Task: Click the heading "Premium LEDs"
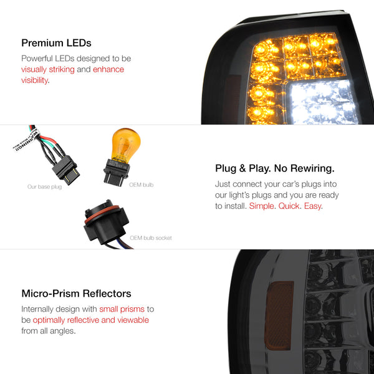click(x=56, y=43)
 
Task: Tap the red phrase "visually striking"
click(x=48, y=69)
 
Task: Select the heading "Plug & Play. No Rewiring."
click(x=275, y=168)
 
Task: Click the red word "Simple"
click(x=261, y=206)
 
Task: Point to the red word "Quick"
click(x=289, y=206)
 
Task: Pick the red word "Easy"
click(x=313, y=206)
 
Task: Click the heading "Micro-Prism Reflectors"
click(x=76, y=294)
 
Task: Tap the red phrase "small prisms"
click(x=122, y=309)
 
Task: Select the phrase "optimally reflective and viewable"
click(x=91, y=320)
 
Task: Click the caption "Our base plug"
click(x=45, y=187)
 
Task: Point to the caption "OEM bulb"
click(x=141, y=185)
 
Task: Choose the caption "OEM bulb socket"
click(x=151, y=238)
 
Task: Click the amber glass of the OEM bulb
click(x=126, y=144)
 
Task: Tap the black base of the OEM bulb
click(x=117, y=172)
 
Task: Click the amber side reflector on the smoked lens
click(x=279, y=315)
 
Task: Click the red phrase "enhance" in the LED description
click(x=108, y=69)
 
